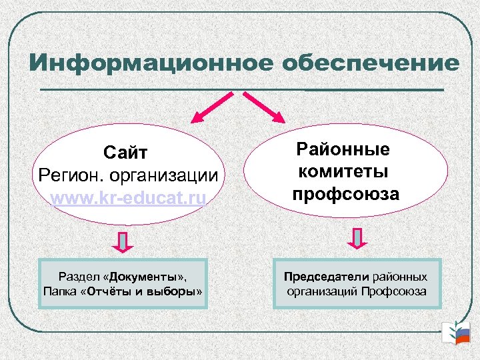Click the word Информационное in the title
[x=151, y=63]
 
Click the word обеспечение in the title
[x=371, y=63]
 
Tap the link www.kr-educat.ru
[x=128, y=198]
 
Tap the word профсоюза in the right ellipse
[x=345, y=194]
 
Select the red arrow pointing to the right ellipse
[x=264, y=107]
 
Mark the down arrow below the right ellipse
[x=358, y=239]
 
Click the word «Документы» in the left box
[x=146, y=276]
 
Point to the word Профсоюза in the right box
[x=395, y=291]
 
